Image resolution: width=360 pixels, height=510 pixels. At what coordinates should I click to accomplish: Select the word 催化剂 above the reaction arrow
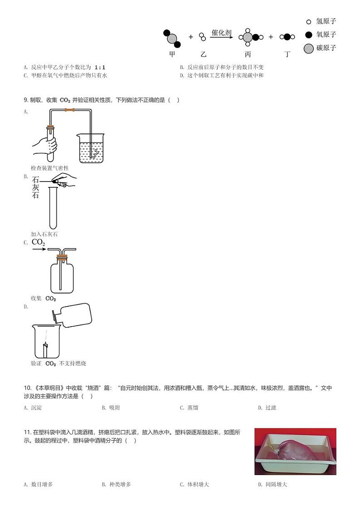point(221,33)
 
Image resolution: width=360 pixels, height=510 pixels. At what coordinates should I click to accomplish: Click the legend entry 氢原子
point(326,21)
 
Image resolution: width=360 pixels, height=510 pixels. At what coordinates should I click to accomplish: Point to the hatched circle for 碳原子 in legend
point(309,48)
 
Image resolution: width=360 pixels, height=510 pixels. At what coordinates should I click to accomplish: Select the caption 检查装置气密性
point(49,168)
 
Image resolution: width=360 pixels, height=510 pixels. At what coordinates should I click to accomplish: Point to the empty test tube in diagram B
point(53,209)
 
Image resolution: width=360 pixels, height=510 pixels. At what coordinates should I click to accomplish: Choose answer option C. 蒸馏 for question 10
point(189,408)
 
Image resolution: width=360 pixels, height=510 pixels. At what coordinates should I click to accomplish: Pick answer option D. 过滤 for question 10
point(267,408)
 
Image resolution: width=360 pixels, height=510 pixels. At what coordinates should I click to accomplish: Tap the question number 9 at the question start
point(25,100)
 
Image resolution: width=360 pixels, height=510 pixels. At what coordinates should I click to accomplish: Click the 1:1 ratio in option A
point(100,68)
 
